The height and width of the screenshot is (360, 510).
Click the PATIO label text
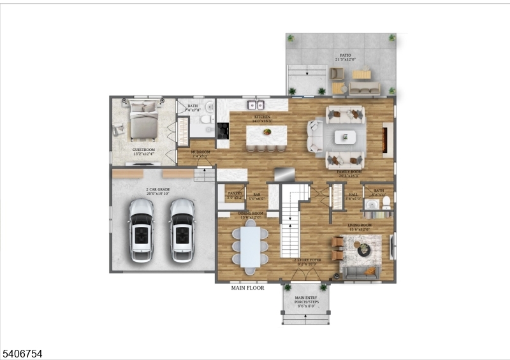(x=345, y=56)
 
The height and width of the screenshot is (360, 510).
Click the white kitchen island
(x=266, y=134)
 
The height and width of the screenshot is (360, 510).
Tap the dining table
(x=251, y=247)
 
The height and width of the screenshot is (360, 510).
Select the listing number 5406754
(x=22, y=352)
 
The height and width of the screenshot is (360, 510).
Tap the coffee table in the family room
(x=346, y=136)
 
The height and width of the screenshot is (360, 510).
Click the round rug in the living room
(x=363, y=248)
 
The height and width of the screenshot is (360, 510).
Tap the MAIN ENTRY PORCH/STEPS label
(x=306, y=300)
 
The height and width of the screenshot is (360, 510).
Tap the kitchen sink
(x=256, y=104)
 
